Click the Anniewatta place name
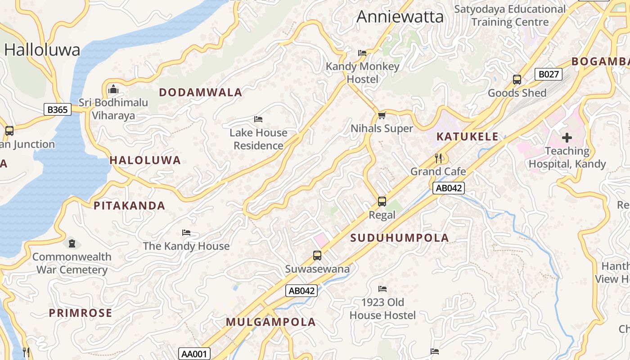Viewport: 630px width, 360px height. point(400,17)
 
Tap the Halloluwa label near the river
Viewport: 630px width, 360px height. point(42,49)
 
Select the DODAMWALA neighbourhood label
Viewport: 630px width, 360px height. point(200,93)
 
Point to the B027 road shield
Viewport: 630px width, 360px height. point(549,74)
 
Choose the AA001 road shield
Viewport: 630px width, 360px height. point(194,354)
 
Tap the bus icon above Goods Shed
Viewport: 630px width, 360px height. point(517,80)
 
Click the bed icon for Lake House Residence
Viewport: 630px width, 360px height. point(258,119)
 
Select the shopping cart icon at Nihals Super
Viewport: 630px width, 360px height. point(382,116)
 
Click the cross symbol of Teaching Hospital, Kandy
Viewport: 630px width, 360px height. point(567,138)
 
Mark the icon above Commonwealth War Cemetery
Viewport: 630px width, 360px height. point(72,244)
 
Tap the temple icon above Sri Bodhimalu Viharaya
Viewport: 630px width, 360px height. point(113,88)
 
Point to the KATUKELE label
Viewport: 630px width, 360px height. point(468,137)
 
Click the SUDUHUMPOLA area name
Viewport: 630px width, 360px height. point(400,238)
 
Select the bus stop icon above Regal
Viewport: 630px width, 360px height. point(382,201)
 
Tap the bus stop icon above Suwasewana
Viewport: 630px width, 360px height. point(317,256)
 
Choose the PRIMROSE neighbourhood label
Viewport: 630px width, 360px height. point(81,313)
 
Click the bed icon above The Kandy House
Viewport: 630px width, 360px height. point(186,233)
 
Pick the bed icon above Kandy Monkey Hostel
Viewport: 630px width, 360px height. point(362,53)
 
